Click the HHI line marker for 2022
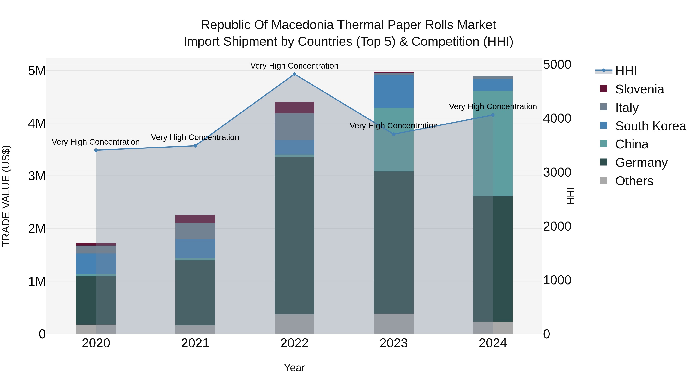(x=294, y=74)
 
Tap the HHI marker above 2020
(x=96, y=150)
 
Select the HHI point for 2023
(x=394, y=134)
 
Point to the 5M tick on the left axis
(x=37, y=71)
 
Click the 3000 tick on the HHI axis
(x=557, y=172)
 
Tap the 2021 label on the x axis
(x=195, y=343)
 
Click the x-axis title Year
(x=294, y=368)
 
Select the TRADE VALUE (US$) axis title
(x=6, y=196)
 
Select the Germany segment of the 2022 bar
(x=294, y=235)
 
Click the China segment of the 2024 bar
(x=493, y=143)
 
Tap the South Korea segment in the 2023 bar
(x=394, y=92)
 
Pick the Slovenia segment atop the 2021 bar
(x=195, y=219)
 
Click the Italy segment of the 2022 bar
(x=294, y=126)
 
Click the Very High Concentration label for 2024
(x=493, y=107)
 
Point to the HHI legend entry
(x=626, y=71)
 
